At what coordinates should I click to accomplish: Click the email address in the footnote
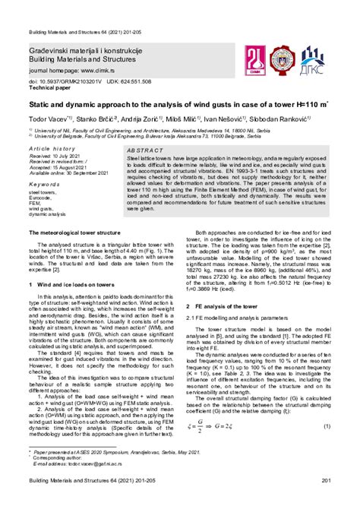99,485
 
